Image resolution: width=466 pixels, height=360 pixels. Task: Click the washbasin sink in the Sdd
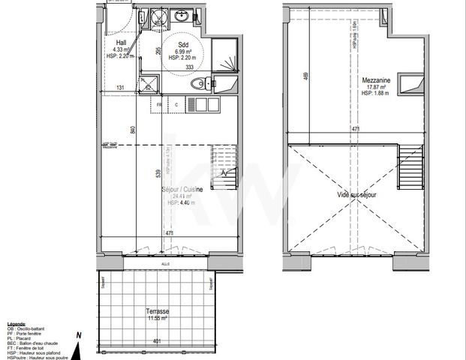click(x=180, y=15)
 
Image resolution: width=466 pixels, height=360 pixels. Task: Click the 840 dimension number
click(x=133, y=129)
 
